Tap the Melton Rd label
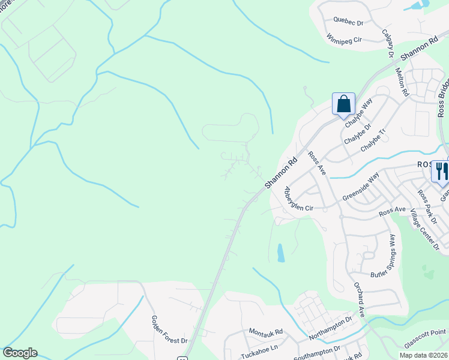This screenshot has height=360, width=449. tap(402, 82)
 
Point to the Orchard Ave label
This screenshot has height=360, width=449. tap(358, 296)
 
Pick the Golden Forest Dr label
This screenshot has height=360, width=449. tap(169, 330)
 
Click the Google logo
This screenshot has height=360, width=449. tap(20, 353)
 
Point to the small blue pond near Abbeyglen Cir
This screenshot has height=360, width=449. tap(280, 253)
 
